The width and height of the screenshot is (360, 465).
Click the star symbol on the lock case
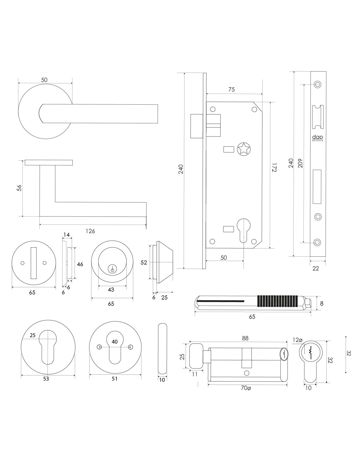[x=243, y=149]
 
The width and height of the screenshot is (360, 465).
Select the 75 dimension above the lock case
[x=231, y=90]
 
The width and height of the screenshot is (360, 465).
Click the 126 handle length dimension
[x=90, y=231]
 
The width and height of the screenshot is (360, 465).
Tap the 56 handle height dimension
[x=19, y=188]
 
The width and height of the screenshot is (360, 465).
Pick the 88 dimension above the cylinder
[x=245, y=339]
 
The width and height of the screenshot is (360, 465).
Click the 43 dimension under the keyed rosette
[x=111, y=290]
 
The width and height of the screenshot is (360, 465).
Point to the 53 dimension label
[x=46, y=379]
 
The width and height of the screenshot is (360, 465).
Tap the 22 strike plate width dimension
[x=316, y=268]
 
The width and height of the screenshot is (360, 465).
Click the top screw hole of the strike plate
[x=317, y=84]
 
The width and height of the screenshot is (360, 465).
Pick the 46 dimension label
[x=80, y=264]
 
